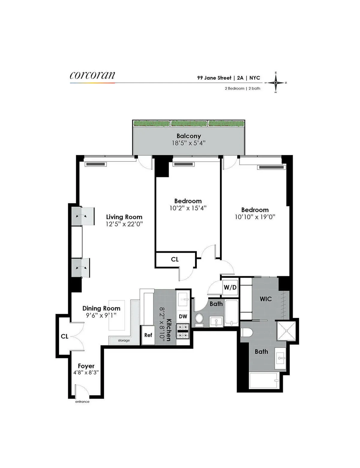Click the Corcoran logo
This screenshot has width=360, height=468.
(x=92, y=75)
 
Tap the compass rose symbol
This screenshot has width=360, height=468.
(x=276, y=82)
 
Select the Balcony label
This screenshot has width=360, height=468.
(x=188, y=136)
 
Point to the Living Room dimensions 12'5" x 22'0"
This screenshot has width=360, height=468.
(x=124, y=224)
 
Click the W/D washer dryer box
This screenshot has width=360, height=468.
(x=230, y=287)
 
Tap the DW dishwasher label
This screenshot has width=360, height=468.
(x=183, y=316)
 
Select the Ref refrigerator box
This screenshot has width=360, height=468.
(x=148, y=335)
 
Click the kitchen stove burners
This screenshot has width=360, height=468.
(x=183, y=331)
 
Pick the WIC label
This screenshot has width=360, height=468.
(x=265, y=299)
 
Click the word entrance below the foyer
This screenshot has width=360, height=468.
(x=82, y=402)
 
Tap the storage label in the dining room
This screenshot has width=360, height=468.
(x=124, y=340)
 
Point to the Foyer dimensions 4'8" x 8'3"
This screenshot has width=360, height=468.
(x=86, y=373)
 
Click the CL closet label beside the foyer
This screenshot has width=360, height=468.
(x=64, y=336)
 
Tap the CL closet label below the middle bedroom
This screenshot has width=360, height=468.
(x=175, y=259)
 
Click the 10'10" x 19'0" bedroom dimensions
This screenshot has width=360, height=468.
(x=255, y=217)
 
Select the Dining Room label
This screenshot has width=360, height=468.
(x=101, y=308)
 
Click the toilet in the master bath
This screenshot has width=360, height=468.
(x=247, y=332)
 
